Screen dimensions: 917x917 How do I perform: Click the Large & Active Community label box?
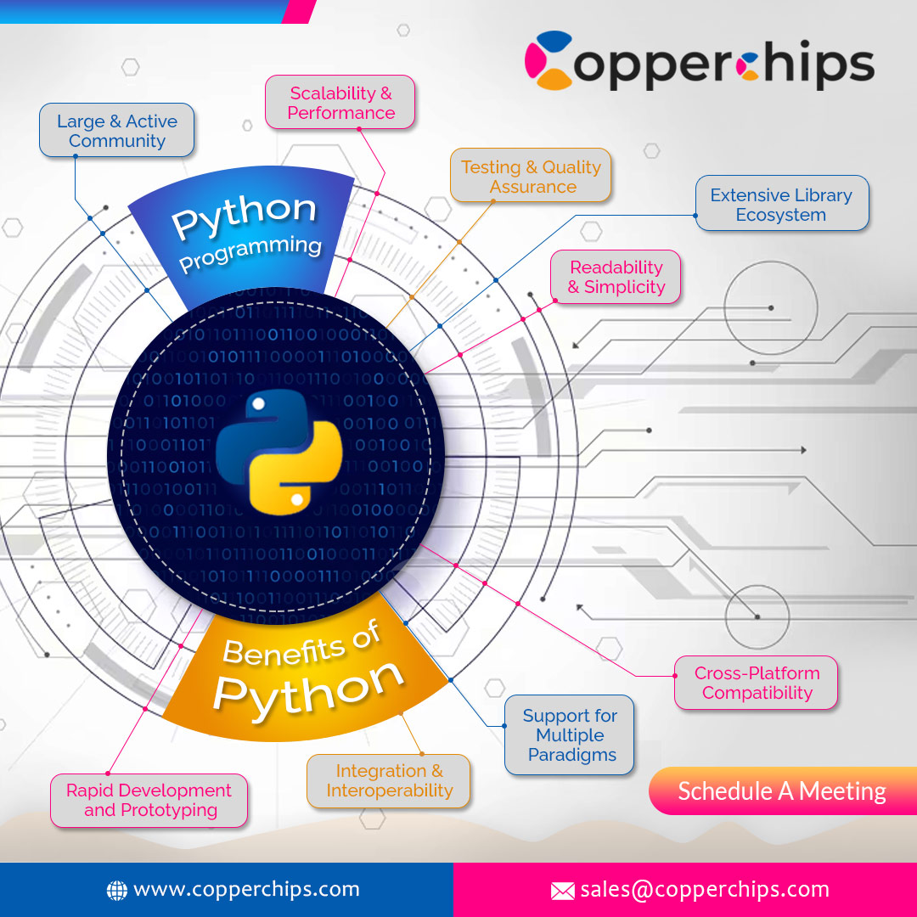tap(117, 131)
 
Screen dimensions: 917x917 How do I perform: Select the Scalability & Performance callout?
tap(340, 103)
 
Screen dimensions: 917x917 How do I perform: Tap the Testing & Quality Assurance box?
tap(531, 177)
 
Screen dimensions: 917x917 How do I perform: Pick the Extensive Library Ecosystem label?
tap(781, 205)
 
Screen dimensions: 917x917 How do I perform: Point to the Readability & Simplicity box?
tap(616, 277)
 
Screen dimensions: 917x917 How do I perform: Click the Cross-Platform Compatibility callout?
tap(757, 683)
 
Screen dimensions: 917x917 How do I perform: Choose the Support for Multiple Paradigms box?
tap(570, 735)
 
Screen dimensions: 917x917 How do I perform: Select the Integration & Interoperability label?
tap(389, 780)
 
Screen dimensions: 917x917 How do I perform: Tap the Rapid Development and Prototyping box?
tap(149, 800)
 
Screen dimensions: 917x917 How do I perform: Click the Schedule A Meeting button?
tap(781, 791)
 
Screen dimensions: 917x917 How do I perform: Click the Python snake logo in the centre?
tap(278, 452)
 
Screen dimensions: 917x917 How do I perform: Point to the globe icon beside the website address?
tap(116, 890)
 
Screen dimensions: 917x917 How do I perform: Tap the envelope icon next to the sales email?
tap(562, 891)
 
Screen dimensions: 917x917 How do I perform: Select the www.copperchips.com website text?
tap(246, 889)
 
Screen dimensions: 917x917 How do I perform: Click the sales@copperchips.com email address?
tap(705, 889)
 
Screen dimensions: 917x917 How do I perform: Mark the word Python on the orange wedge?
tap(307, 686)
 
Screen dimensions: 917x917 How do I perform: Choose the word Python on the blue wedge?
tap(244, 215)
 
